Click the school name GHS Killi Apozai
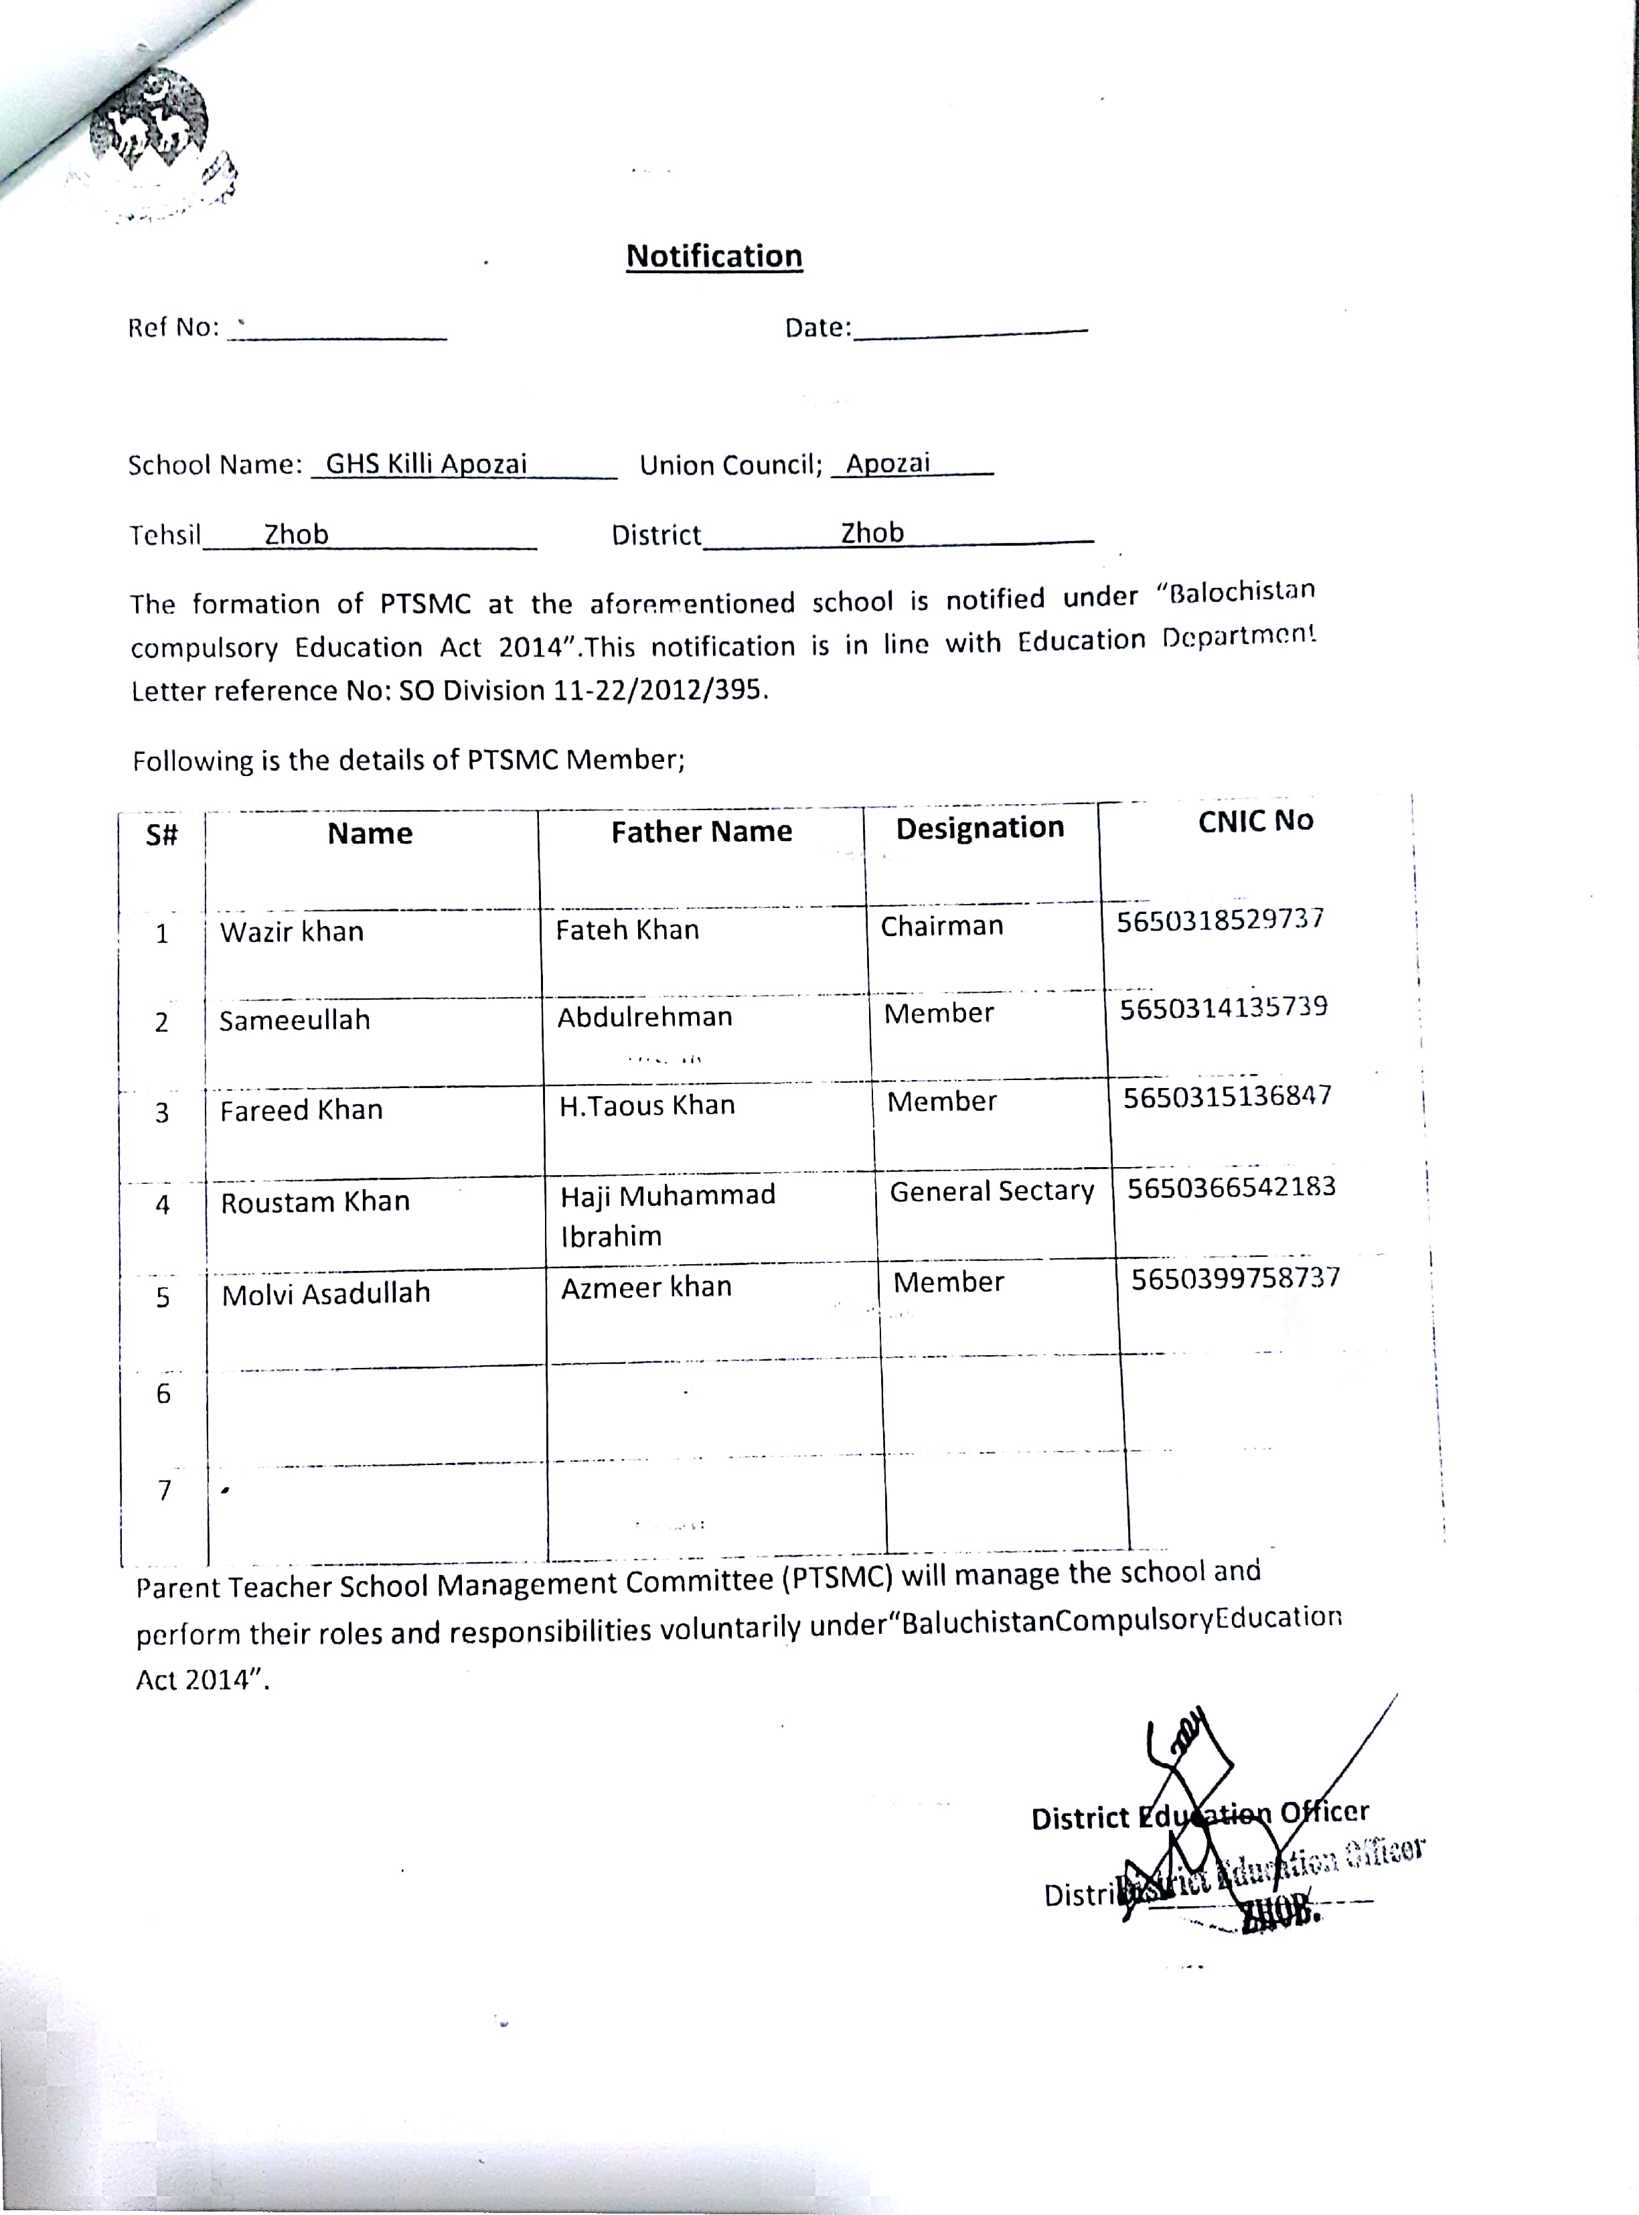tap(426, 463)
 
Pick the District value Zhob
tap(872, 533)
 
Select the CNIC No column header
tap(1255, 820)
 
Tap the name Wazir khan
tap(292, 931)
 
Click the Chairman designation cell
tap(941, 925)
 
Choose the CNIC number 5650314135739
tap(1223, 1008)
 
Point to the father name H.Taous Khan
tap(647, 1105)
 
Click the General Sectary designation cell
tap(991, 1191)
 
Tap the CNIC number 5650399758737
tap(1235, 1277)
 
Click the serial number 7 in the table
tap(165, 1490)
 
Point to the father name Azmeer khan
tap(646, 1286)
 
